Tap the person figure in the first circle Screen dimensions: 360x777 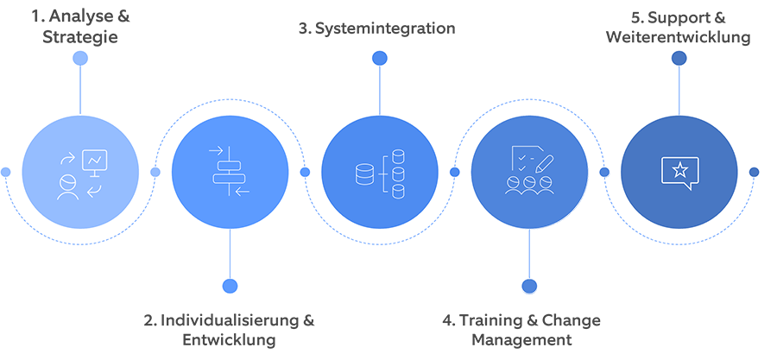(65, 186)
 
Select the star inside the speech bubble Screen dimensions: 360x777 (679, 169)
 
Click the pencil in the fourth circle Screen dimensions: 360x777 (544, 161)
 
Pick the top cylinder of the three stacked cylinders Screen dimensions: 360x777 (398, 156)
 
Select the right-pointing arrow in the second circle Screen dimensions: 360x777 (215, 152)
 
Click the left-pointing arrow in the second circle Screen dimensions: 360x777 (242, 191)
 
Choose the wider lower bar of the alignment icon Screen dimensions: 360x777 (229, 179)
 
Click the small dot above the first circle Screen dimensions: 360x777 (80, 58)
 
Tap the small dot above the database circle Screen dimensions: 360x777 (379, 58)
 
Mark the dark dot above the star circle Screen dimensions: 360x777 (679, 58)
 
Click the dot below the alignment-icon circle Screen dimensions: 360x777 (230, 286)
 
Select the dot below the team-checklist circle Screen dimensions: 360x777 (529, 286)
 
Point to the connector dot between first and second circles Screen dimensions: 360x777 (155, 172)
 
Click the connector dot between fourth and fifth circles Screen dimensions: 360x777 (604, 172)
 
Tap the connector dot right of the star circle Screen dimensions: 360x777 (754, 172)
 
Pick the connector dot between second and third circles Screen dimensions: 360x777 (305, 172)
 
